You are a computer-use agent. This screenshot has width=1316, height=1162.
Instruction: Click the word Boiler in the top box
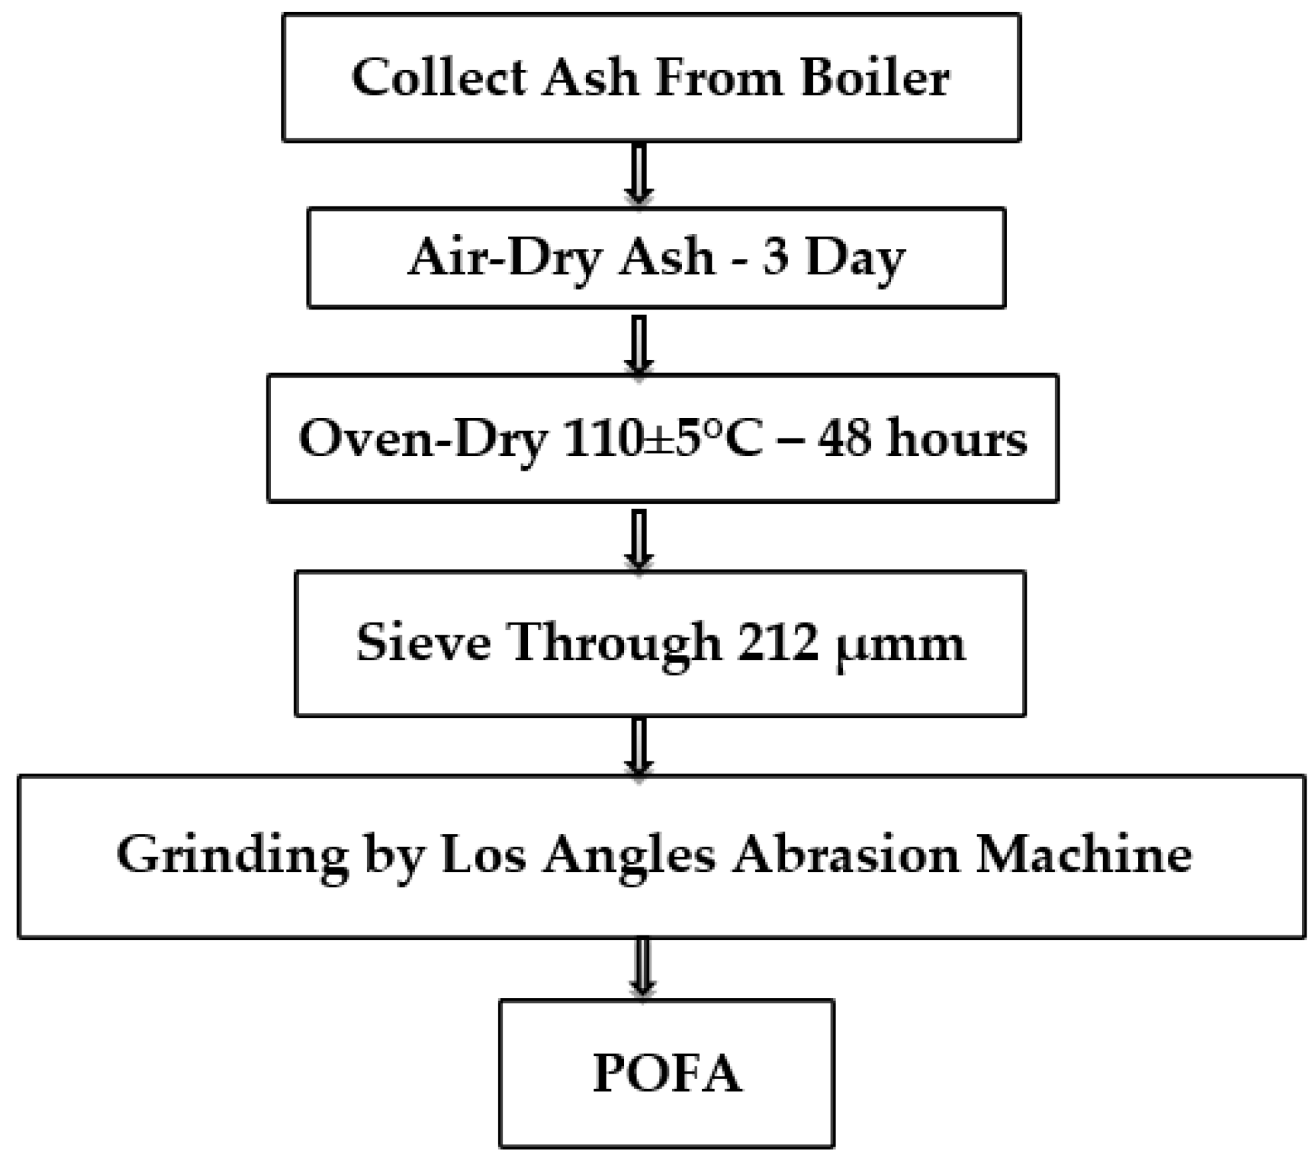(876, 78)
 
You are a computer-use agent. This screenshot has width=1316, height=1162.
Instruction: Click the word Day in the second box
(855, 259)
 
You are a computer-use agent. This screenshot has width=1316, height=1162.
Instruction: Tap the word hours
(957, 438)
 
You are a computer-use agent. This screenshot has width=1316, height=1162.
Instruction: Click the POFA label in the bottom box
(667, 1073)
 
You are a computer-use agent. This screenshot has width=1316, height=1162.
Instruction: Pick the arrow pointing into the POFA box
(643, 967)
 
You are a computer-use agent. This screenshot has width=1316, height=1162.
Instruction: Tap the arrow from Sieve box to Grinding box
(639, 746)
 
